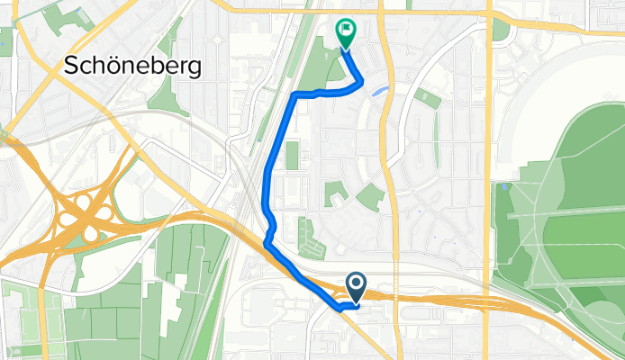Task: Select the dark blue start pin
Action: pyautogui.click(x=356, y=287)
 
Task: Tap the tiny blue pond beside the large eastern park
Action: pyautogui.click(x=505, y=187)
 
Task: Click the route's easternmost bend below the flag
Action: pyautogui.click(x=362, y=83)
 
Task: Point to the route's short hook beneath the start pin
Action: pyautogui.click(x=345, y=307)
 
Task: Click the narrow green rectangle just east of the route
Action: pyautogui.click(x=291, y=155)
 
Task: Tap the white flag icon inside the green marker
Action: pyautogui.click(x=346, y=29)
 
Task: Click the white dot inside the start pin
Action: pyautogui.click(x=356, y=284)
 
